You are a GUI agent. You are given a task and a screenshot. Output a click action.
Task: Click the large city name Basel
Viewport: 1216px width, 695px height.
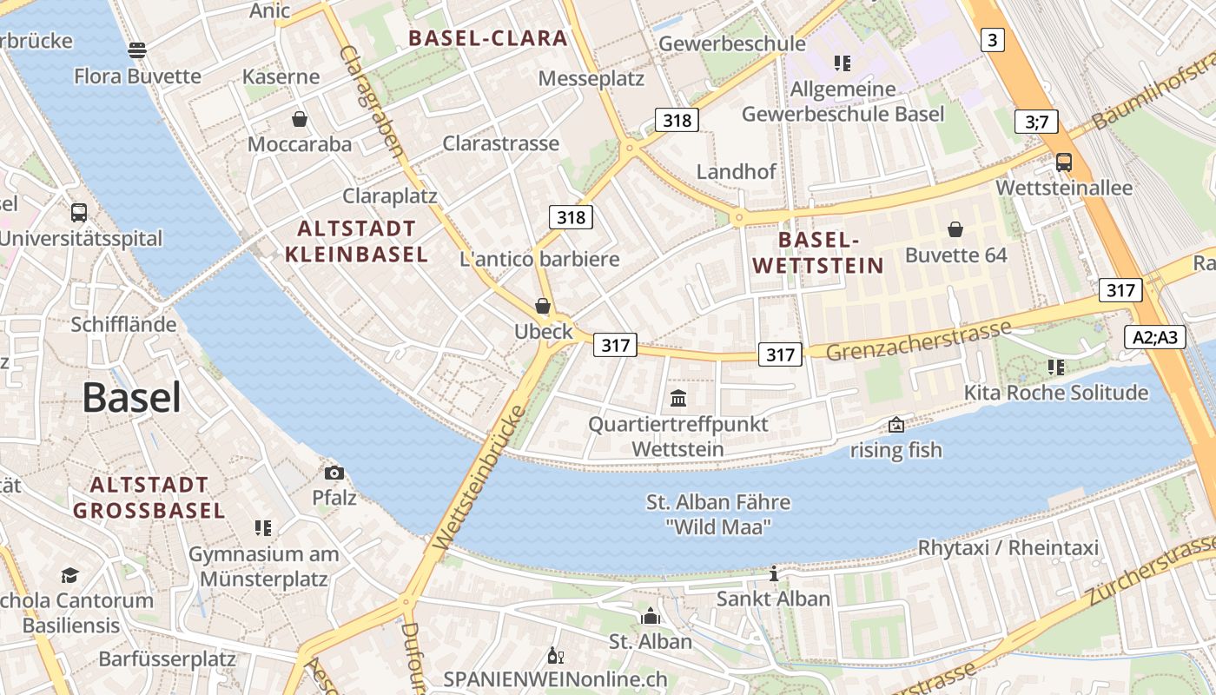pyautogui.click(x=132, y=398)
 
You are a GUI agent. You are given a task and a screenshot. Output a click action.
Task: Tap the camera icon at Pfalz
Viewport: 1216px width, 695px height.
pyautogui.click(x=334, y=473)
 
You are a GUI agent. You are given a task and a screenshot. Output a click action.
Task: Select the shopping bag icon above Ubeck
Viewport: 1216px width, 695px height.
pyautogui.click(x=543, y=306)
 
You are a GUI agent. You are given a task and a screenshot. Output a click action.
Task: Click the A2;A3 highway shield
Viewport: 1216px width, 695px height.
pyautogui.click(x=1155, y=337)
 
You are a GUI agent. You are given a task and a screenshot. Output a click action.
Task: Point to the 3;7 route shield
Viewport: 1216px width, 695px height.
pyautogui.click(x=1036, y=122)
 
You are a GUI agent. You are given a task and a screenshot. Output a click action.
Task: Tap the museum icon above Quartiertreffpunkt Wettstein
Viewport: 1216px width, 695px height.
pyautogui.click(x=678, y=399)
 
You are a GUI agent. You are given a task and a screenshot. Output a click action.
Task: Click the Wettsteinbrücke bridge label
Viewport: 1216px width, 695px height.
pyautogui.click(x=480, y=477)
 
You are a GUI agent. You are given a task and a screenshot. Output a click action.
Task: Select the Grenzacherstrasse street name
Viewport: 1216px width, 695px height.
pyautogui.click(x=918, y=339)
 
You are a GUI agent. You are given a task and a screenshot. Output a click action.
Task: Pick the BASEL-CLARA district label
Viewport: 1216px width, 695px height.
pyautogui.click(x=488, y=38)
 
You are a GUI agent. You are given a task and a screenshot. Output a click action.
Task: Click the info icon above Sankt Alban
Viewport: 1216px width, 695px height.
pyautogui.click(x=773, y=573)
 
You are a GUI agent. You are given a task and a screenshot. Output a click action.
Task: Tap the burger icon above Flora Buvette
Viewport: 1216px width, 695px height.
pyautogui.click(x=137, y=50)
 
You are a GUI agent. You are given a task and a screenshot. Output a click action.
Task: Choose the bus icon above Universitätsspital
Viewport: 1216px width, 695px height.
pyautogui.click(x=79, y=212)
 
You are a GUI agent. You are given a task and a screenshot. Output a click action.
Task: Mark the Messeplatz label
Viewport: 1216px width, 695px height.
pyautogui.click(x=591, y=79)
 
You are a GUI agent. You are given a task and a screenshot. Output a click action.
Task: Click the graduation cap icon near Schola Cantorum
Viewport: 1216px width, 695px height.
pyautogui.click(x=69, y=575)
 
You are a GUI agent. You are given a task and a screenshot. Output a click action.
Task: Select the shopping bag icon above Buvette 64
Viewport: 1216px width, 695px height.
pyautogui.click(x=955, y=229)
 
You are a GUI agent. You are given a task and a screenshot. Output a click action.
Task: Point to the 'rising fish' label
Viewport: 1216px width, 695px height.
pyautogui.click(x=895, y=450)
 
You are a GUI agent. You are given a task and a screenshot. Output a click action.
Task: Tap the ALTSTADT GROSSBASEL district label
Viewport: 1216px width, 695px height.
pyautogui.click(x=149, y=498)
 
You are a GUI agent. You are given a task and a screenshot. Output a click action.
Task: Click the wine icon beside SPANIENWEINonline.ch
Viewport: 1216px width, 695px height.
pyautogui.click(x=553, y=656)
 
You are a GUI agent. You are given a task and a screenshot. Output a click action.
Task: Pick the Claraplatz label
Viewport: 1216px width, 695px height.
pyautogui.click(x=390, y=195)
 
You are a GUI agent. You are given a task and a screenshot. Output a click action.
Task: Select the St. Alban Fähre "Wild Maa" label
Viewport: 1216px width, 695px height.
pyautogui.click(x=718, y=514)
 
